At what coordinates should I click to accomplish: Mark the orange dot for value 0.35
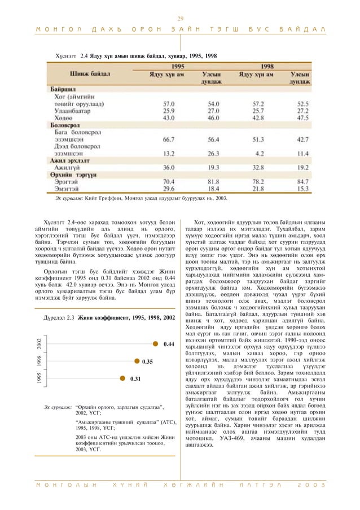click(x=136, y=345)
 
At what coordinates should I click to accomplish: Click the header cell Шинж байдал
click(x=90, y=73)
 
